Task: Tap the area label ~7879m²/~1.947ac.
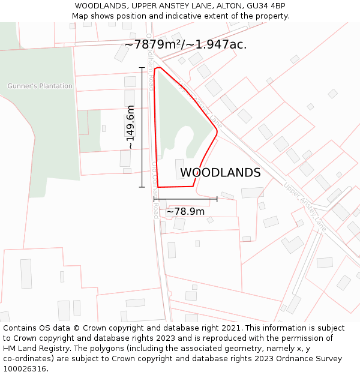(185, 44)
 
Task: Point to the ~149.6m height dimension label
(130, 127)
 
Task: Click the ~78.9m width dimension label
(185, 211)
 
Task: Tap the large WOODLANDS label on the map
(220, 173)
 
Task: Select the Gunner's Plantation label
(40, 86)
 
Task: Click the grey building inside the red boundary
(179, 169)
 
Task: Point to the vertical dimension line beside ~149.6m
(142, 127)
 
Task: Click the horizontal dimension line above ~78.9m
(185, 199)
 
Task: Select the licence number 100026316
(25, 369)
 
